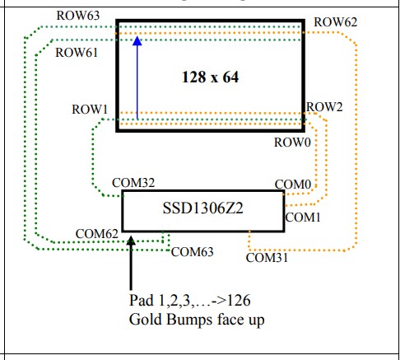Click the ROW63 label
coord(78,16)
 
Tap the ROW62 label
coord(335,22)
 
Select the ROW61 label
coord(77,53)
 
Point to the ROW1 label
coord(90,110)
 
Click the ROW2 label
coord(324,107)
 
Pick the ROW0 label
coord(292,143)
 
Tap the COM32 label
coord(133,183)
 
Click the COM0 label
coord(293,185)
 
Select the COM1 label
coord(303,217)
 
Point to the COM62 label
coord(96,234)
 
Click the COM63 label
coord(192,252)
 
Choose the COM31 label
coord(267,258)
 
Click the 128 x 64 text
coord(210,77)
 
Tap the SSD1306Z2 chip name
coord(202,208)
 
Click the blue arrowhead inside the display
coord(137,40)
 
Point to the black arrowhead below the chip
coord(131,241)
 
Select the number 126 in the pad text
coord(239,301)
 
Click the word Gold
coord(146,320)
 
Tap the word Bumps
coord(189,320)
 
